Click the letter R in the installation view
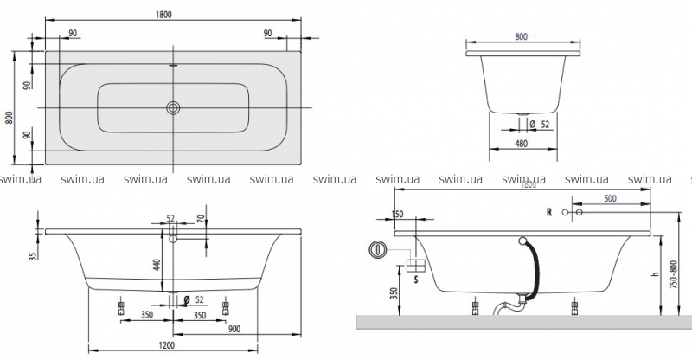(x=548, y=211)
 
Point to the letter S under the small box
(x=415, y=280)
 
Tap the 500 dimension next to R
(x=611, y=199)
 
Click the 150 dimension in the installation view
(x=397, y=215)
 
